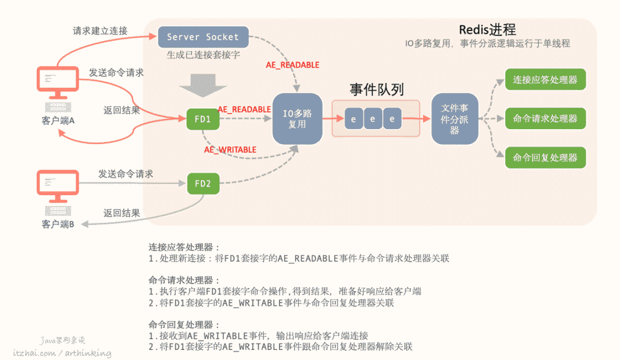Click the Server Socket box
pyautogui.click(x=203, y=37)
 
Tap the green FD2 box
pyautogui.click(x=203, y=184)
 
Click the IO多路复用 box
pyautogui.click(x=297, y=119)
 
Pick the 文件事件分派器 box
pyautogui.click(x=455, y=119)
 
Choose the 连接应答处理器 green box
pyautogui.click(x=545, y=79)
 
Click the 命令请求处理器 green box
pyautogui.click(x=545, y=118)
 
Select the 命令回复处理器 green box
pyautogui.click(x=545, y=157)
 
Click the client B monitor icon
pyautogui.click(x=58, y=185)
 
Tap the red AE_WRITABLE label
pyautogui.click(x=230, y=150)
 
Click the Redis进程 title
pyautogui.click(x=487, y=30)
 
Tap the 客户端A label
pyautogui.click(x=58, y=121)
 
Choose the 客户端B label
pyautogui.click(x=58, y=224)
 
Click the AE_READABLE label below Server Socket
pyautogui.click(x=292, y=65)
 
